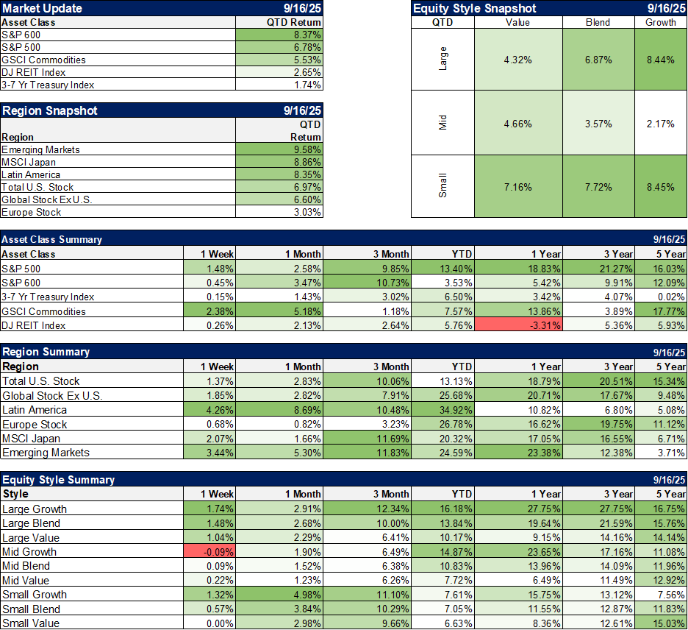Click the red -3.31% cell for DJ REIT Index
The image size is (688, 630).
point(520,325)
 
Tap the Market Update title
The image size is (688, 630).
point(42,9)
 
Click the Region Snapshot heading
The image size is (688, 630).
point(49,111)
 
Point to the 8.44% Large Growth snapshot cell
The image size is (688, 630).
point(660,60)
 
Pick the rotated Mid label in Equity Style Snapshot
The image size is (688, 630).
point(442,123)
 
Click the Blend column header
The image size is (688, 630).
point(598,22)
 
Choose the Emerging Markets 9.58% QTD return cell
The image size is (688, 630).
point(279,149)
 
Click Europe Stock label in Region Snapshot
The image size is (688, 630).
point(32,212)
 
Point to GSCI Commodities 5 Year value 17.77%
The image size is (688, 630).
point(661,311)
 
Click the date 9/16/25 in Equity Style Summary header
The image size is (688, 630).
point(669,480)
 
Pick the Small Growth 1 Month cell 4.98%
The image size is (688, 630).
point(279,595)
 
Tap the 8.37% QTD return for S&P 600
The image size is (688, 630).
point(279,35)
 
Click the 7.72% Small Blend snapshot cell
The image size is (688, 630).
point(598,187)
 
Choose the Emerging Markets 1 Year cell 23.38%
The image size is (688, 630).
point(520,453)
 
